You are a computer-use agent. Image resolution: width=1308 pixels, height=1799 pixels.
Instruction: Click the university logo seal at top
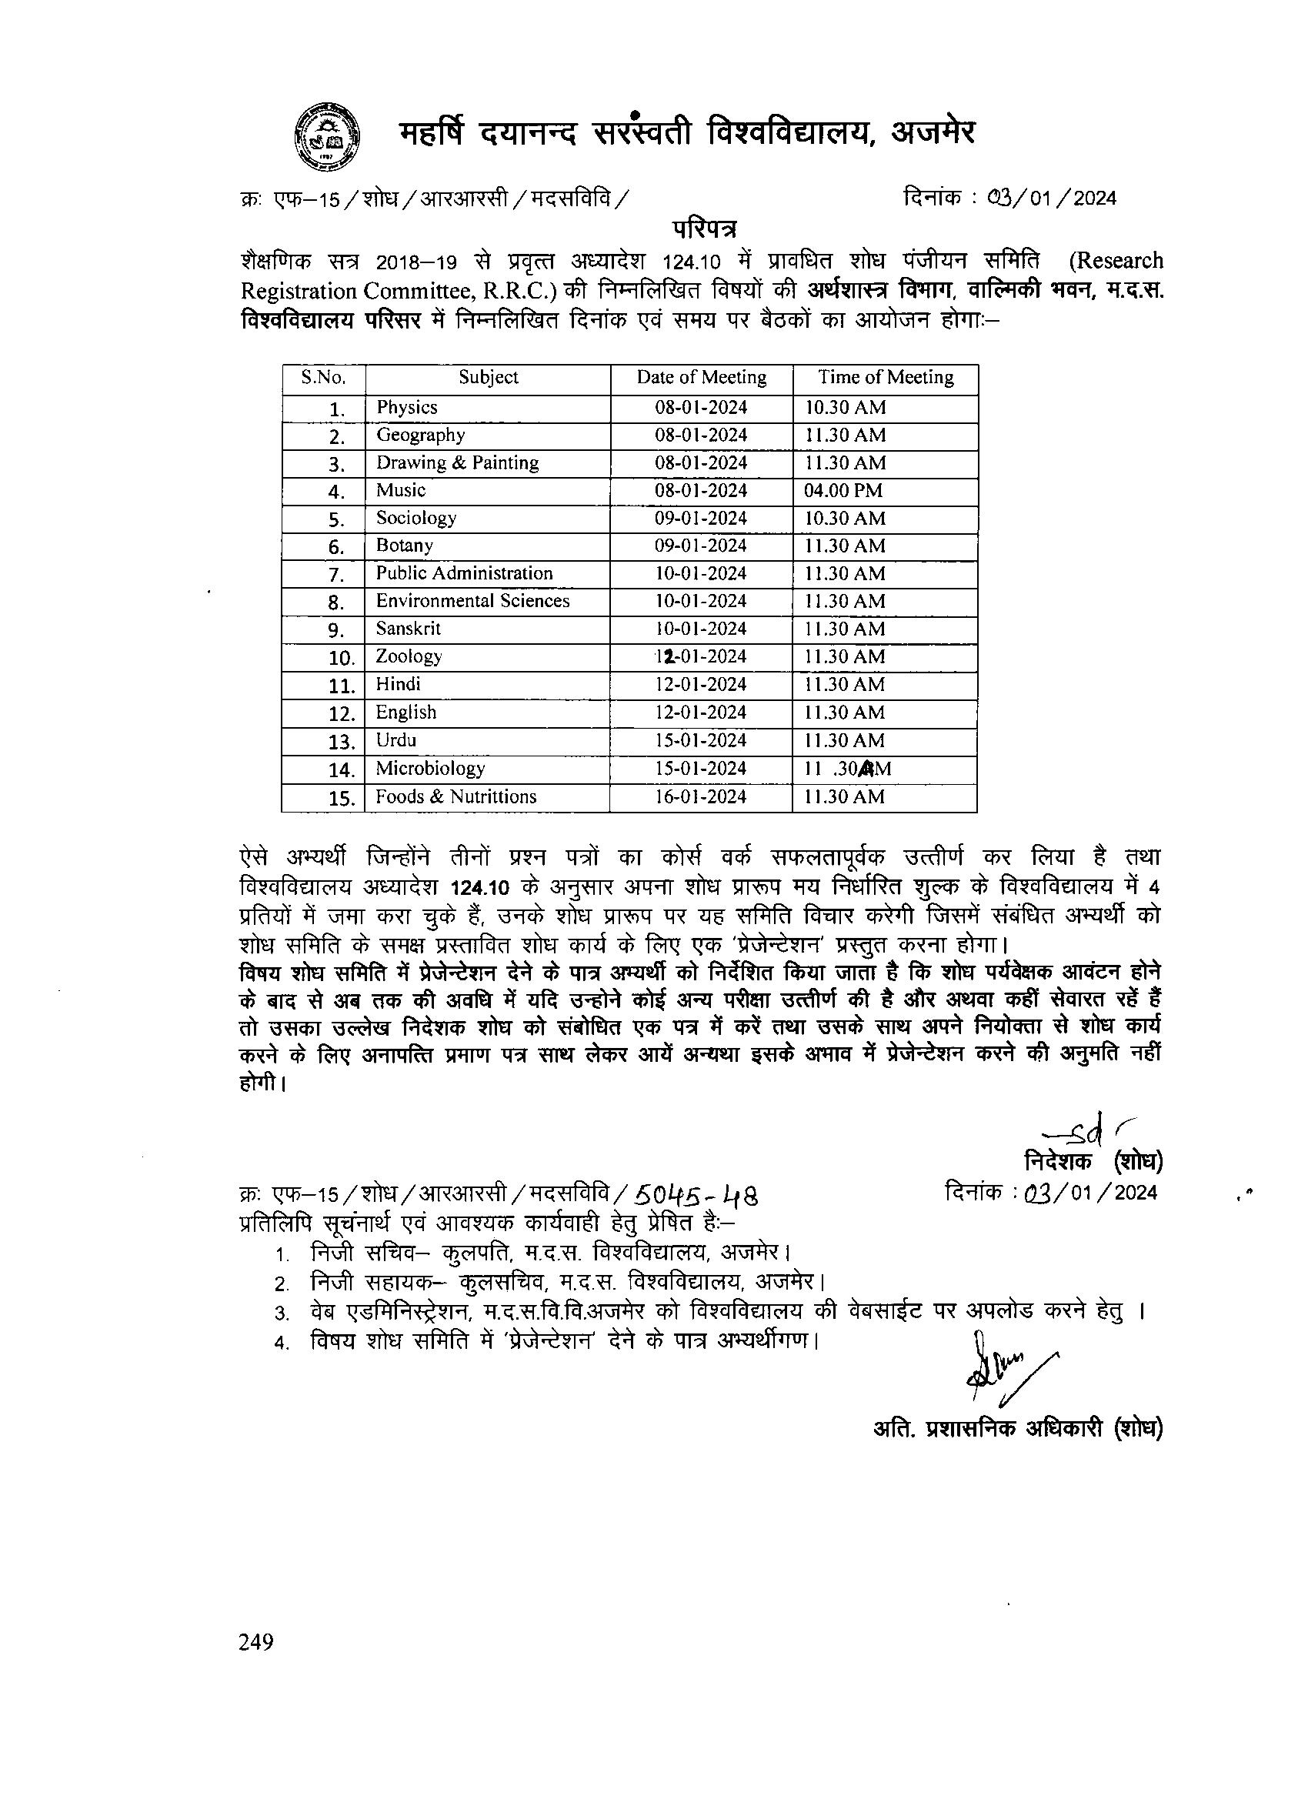click(x=325, y=136)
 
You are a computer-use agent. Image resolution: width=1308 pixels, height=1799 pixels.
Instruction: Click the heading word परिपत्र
click(x=703, y=229)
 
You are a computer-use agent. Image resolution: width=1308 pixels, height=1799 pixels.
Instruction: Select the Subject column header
click(x=488, y=378)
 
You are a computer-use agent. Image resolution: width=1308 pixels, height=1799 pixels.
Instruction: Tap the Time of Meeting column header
click(x=886, y=378)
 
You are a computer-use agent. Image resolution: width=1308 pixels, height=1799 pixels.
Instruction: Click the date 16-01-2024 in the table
click(x=700, y=797)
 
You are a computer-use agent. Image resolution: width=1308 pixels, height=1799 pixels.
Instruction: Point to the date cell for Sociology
click(x=700, y=519)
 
